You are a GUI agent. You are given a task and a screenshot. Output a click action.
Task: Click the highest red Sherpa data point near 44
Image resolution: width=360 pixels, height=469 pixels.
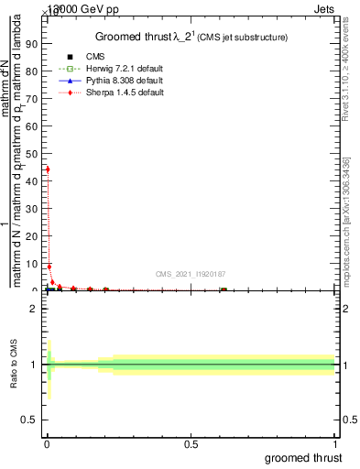48,169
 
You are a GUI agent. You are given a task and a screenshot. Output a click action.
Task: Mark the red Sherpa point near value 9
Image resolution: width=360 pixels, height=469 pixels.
49,267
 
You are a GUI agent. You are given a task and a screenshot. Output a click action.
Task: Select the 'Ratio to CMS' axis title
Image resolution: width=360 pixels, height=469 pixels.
15,365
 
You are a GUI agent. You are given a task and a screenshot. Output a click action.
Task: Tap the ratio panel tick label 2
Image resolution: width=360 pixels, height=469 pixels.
34,310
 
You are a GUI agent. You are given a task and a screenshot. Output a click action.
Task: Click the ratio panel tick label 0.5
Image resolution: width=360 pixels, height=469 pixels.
30,420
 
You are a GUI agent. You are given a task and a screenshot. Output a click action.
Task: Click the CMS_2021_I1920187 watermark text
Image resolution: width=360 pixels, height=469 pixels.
191,273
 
